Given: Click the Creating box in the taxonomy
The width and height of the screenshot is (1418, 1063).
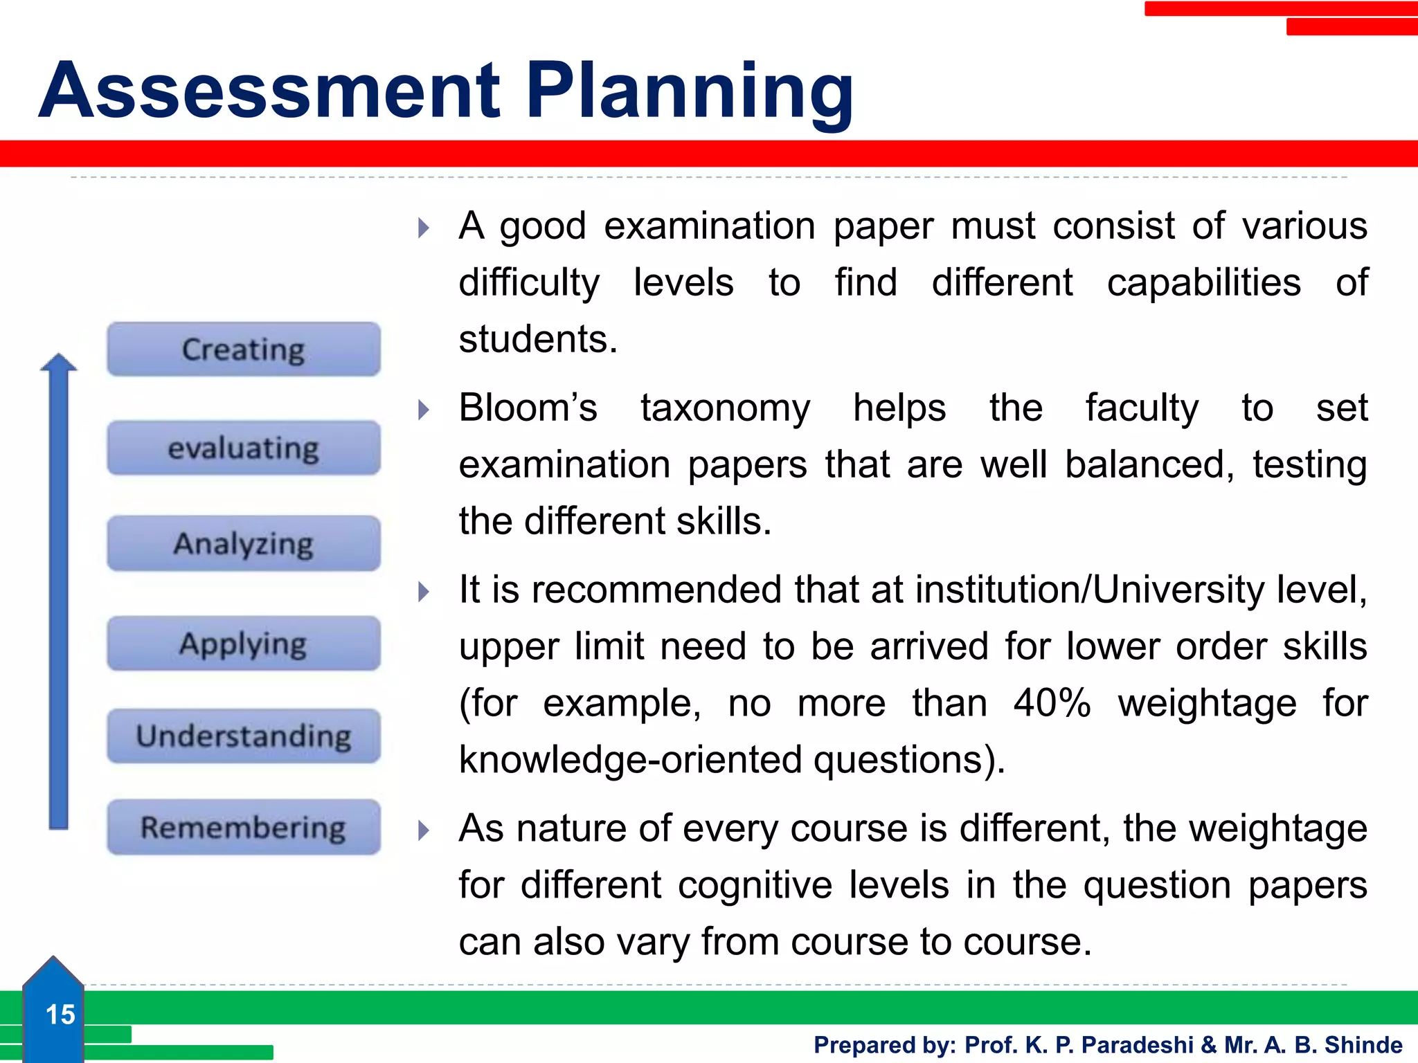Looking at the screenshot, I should pos(243,349).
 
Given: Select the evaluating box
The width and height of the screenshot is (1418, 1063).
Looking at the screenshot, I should pos(243,448).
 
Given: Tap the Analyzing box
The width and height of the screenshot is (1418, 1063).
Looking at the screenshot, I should pos(243,544).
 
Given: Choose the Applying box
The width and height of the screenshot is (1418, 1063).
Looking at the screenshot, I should pos(243,644).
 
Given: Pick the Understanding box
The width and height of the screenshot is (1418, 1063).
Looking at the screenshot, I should pos(243,736).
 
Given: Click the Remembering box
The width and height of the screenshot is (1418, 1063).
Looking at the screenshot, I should pos(243,827).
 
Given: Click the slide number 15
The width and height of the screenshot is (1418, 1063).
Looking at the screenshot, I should pos(60,1015).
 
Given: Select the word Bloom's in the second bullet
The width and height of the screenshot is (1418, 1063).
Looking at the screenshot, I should pos(528,408).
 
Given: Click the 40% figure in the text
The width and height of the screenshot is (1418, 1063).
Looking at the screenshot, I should pos(1052,703).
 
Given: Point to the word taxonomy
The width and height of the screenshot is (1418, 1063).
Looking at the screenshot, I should pos(725,408).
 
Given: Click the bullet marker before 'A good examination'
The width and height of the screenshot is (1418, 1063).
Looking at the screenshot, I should pos(424,228).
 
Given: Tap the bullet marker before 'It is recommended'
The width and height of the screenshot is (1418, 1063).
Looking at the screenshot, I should pos(424,592).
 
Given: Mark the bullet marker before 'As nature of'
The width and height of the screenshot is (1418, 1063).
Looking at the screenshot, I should pos(424,830).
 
